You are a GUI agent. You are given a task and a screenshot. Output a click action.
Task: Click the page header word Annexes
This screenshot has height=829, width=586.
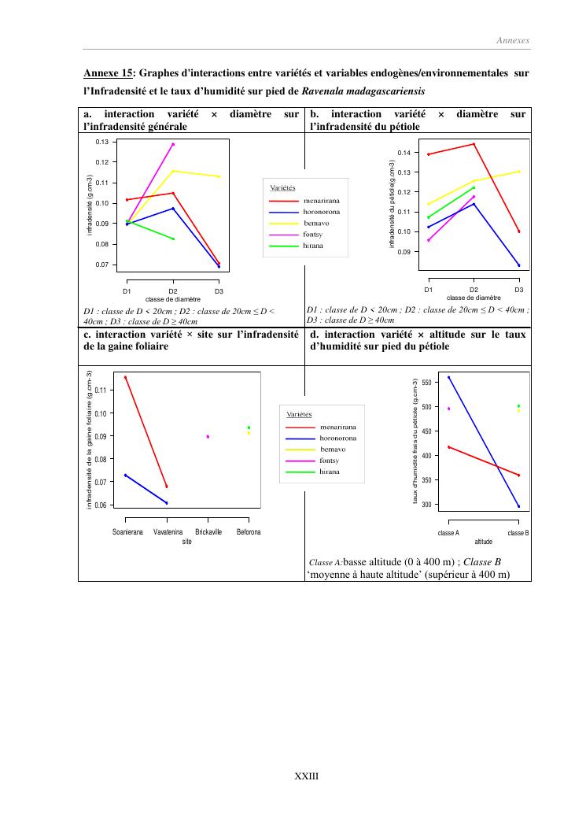coord(513,40)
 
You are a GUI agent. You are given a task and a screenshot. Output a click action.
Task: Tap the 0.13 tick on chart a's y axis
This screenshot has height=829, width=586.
coord(102,142)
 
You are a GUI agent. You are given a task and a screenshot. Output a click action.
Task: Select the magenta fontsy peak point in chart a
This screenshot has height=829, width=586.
coord(173,144)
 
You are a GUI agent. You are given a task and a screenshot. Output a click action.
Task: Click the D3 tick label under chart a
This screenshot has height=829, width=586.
coord(219,291)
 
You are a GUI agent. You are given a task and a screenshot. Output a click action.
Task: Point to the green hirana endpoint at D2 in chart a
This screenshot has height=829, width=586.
coord(173,239)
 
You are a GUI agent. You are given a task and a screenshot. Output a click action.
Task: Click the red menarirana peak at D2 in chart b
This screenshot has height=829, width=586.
coord(474,144)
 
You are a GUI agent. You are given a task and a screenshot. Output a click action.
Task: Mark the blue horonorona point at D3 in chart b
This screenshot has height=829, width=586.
coord(519,265)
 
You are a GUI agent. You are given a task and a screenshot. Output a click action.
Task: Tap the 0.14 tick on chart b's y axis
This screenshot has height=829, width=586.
coord(404,152)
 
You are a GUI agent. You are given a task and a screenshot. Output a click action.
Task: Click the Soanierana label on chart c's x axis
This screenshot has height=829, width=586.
coord(127,532)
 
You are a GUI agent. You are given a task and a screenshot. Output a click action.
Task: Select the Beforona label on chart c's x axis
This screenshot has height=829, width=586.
coord(249,532)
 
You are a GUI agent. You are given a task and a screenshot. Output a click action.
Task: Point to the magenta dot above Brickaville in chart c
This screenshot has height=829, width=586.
coord(208,436)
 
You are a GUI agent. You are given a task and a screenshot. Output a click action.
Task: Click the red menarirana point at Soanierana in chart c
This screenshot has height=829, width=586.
coord(126,378)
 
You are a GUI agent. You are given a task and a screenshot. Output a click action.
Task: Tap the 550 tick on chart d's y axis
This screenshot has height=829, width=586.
coord(427,383)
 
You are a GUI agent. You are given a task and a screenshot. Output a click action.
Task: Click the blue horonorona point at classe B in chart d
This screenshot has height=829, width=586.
coord(519,506)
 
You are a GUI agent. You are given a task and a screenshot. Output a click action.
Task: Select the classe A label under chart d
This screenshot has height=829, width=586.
coord(448,533)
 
